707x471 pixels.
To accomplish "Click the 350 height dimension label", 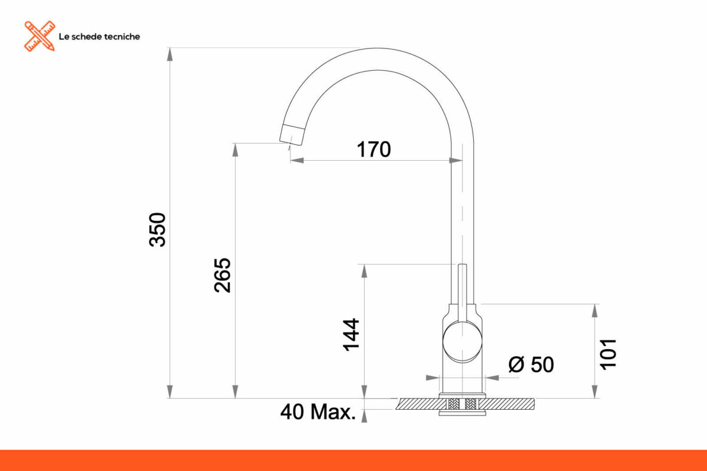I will pos(158,229).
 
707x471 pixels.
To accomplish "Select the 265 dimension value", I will pos(223,275).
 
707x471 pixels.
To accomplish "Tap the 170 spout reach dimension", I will pos(374,150).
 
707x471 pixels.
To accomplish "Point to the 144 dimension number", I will pos(352,334).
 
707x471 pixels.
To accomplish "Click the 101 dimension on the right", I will pos(608,353).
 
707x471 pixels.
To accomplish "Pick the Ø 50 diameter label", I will pos(531,365).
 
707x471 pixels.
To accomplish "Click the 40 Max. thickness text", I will pos(318,412).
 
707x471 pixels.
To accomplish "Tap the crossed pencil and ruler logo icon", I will pos(39,36).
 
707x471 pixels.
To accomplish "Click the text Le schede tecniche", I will pos(99,37).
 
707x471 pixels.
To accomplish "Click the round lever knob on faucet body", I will pos(462,341).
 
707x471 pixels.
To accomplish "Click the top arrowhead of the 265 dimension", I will pos(236,150).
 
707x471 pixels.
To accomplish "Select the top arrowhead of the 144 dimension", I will pos(365,271).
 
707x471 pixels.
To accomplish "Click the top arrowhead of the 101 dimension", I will pos(596,311).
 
